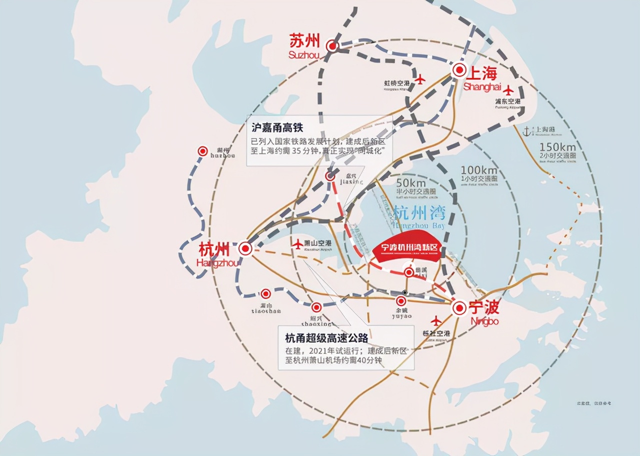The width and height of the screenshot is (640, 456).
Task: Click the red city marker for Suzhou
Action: coord(332,46)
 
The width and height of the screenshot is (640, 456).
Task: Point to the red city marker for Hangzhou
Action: coord(245,248)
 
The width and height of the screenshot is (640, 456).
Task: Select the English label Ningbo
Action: coord(484,321)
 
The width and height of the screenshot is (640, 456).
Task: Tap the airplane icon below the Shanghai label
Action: coord(508,90)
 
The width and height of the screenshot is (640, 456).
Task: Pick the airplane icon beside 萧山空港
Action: coord(298,243)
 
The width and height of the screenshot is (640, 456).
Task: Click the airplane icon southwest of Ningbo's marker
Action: coord(436,320)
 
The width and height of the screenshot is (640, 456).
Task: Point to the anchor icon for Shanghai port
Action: coord(525,131)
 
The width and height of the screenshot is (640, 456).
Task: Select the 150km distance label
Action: coord(557,147)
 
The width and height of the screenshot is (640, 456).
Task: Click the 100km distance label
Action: coord(479,170)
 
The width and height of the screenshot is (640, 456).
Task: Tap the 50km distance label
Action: coord(410,183)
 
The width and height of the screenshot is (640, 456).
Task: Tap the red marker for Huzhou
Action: coord(202,150)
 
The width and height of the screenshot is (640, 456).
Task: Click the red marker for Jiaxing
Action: coord(330,176)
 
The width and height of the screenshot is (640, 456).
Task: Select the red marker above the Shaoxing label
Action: coord(316,307)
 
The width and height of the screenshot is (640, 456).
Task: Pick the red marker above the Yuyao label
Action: coord(401,301)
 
